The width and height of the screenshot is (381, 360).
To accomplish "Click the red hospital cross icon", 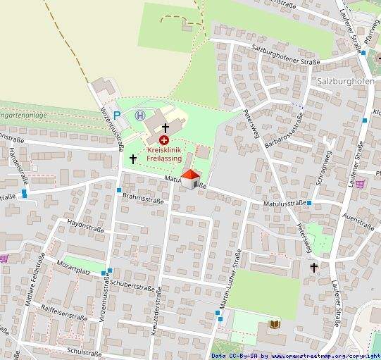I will pos(163,140).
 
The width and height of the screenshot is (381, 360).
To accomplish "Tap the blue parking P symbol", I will pos(118,115).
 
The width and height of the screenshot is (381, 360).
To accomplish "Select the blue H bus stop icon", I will pos(139,115).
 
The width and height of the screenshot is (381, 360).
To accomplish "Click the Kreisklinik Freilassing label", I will pos(163,154).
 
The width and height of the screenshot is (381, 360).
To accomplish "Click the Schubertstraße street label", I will pos(132,287).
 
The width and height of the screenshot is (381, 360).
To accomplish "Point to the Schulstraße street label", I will pos(84,351).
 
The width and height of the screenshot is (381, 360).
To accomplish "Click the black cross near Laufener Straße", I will pos(314,267).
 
